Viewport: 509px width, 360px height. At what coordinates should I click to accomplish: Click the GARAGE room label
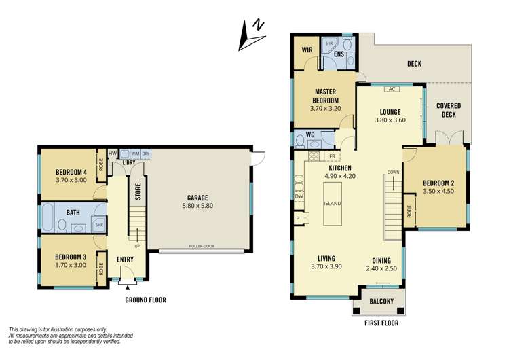tap(198, 198)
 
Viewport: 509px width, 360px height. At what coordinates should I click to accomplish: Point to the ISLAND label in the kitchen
tap(332, 204)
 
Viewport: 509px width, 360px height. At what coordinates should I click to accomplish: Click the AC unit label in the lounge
tap(391, 89)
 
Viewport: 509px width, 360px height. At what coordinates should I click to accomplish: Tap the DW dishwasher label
tap(299, 196)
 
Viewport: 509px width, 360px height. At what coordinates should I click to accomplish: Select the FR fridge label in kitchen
tap(332, 156)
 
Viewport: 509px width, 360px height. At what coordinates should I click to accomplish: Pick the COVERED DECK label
tap(448, 110)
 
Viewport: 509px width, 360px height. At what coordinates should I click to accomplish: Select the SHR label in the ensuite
tap(329, 42)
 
